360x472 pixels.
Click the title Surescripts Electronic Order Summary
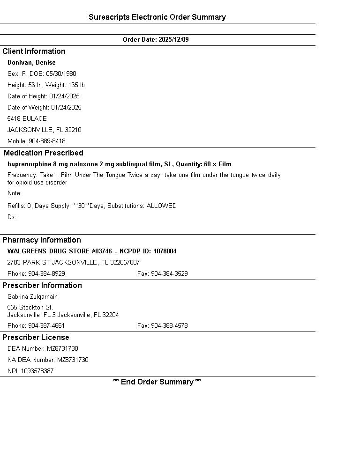click(x=157, y=17)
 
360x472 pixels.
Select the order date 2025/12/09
click(x=173, y=40)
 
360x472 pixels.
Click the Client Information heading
click(x=34, y=52)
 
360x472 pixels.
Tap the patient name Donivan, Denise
click(x=31, y=63)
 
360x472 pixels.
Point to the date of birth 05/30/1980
click(x=61, y=74)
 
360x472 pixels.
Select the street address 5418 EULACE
click(x=27, y=119)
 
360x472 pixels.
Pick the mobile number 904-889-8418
click(x=47, y=141)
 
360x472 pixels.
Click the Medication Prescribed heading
click(x=44, y=153)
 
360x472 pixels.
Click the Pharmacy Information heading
click(x=42, y=240)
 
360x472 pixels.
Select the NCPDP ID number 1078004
click(x=165, y=251)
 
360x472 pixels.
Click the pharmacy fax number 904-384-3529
click(x=169, y=274)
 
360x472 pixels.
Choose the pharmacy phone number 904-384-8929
click(x=46, y=274)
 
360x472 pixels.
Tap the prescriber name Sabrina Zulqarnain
click(x=32, y=297)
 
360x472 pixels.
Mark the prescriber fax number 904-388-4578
click(x=169, y=326)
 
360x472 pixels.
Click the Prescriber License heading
click(x=36, y=338)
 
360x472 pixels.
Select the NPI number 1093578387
click(x=37, y=371)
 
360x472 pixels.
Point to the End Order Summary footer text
click(x=157, y=382)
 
